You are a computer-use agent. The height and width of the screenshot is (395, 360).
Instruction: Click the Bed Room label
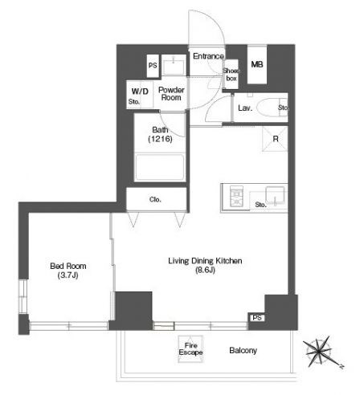coord(68,271)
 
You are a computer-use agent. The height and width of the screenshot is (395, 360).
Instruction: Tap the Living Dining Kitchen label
coord(205,265)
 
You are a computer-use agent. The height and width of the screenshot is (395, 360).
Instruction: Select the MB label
coord(257,64)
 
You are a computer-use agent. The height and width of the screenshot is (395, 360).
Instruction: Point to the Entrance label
coord(208,56)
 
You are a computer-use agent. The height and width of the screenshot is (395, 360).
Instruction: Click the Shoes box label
coord(231,75)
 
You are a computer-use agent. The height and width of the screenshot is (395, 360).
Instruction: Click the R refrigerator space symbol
coord(275,139)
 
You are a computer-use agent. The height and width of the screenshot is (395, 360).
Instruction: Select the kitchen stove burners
coord(236,196)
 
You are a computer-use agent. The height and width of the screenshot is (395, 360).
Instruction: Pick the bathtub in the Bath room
coord(160,168)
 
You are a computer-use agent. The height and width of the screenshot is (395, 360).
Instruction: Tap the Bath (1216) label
coord(160,134)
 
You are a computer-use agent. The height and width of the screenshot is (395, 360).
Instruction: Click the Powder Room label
coord(171,94)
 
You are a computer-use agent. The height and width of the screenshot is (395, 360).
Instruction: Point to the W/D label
coord(140,92)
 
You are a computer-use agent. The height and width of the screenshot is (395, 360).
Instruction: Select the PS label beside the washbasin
coord(153,65)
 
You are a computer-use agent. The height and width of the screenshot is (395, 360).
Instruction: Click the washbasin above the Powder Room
coord(174,67)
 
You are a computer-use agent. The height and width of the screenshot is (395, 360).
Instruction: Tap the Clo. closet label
coord(155,199)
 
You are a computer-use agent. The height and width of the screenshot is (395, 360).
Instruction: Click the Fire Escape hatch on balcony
coord(190,349)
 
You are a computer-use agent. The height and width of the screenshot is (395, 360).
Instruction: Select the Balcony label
coord(243,350)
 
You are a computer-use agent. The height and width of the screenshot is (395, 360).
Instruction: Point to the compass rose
coord(320,351)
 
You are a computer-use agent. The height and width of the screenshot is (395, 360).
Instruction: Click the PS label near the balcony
coord(256,318)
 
